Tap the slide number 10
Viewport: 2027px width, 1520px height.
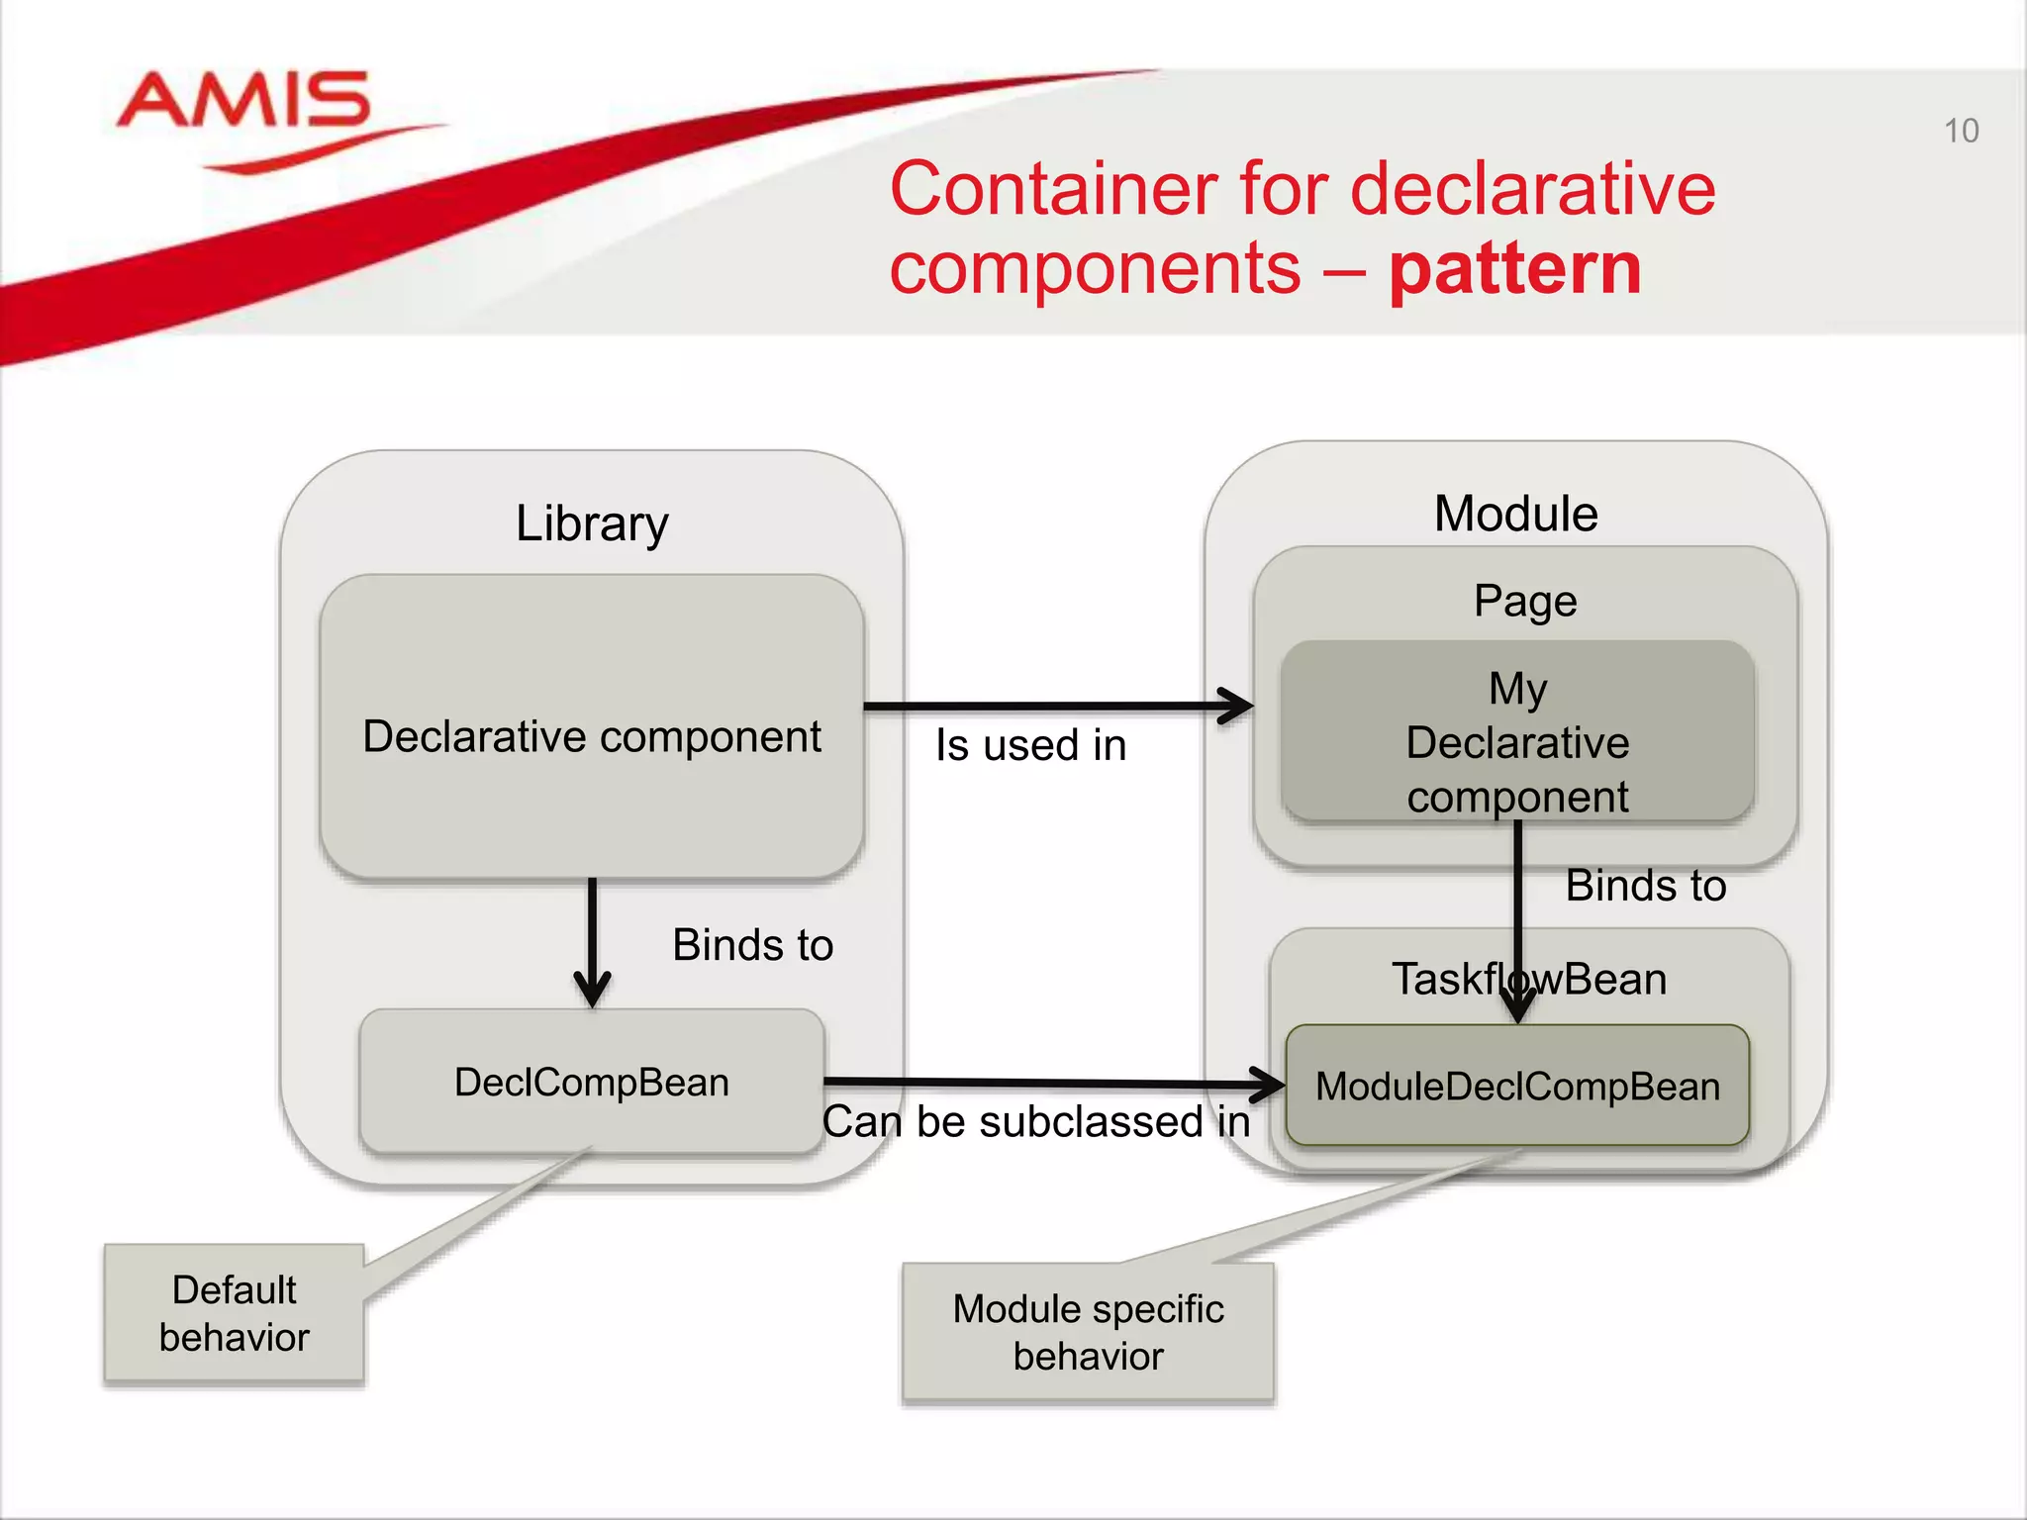(1961, 131)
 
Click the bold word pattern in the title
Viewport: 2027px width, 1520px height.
(1514, 269)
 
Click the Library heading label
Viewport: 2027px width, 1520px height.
(592, 522)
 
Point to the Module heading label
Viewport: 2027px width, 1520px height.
(1515, 514)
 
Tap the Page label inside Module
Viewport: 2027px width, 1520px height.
(1524, 601)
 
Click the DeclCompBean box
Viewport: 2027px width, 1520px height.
(592, 1082)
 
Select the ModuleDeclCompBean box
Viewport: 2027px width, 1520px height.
(1516, 1087)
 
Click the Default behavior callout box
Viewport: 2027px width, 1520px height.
(235, 1313)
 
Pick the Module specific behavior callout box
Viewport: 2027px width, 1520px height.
(1088, 1332)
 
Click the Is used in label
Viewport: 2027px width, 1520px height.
(1030, 745)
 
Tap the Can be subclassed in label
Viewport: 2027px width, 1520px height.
(1035, 1122)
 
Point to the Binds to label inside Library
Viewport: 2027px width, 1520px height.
(752, 945)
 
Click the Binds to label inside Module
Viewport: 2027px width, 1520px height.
(1645, 886)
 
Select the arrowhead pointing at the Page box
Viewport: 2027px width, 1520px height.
(1237, 707)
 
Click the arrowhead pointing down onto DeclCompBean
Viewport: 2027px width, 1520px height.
(592, 990)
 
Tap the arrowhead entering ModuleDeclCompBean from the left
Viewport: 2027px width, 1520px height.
(1269, 1085)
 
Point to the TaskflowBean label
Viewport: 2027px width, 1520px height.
(1529, 979)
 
